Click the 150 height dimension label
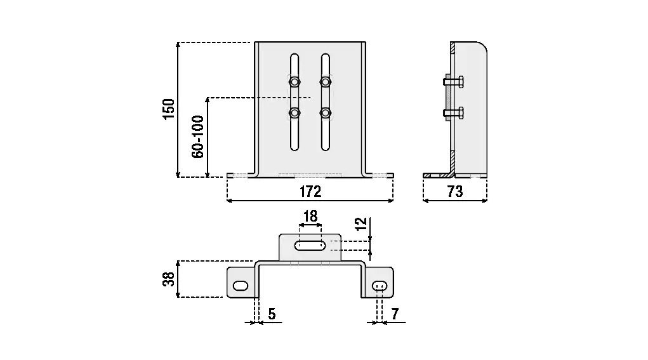[x=169, y=109]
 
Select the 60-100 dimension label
[x=197, y=137]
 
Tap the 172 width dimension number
[x=310, y=191]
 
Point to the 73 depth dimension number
[x=455, y=191]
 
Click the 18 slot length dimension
[x=310, y=217]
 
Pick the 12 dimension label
[x=360, y=223]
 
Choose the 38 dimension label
[x=169, y=279]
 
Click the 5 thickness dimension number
[x=272, y=313]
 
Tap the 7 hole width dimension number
[x=395, y=313]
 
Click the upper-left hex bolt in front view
[x=294, y=81]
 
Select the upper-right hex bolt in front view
[x=326, y=81]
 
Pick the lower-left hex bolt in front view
[x=294, y=114]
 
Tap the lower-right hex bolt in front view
[x=326, y=114]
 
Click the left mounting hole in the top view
[x=241, y=286]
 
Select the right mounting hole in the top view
[x=380, y=286]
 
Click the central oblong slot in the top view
[x=310, y=245]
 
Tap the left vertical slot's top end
[x=294, y=58]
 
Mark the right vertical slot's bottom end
[x=326, y=146]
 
